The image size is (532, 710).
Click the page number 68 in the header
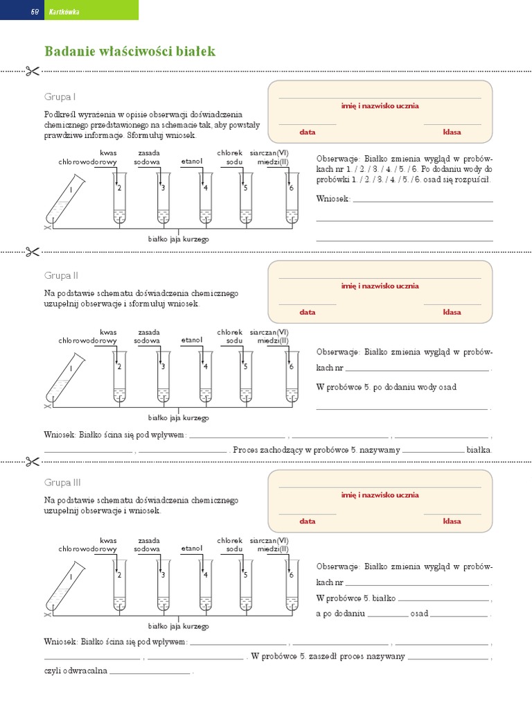point(35,12)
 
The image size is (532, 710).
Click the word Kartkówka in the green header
point(64,12)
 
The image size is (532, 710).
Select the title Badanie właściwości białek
point(130,51)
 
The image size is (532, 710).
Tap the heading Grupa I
point(60,96)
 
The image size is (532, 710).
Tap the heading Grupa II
point(61,275)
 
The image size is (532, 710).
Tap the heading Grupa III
point(62,483)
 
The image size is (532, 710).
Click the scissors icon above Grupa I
point(33,71)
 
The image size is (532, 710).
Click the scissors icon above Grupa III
point(33,462)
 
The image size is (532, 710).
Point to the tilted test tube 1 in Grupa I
point(66,199)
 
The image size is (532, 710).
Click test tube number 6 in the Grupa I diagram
point(292,198)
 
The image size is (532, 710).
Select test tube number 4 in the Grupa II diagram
point(206,376)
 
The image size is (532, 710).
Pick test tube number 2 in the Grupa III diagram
point(119,585)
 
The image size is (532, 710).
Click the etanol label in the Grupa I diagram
point(192,161)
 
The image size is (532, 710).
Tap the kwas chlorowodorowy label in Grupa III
point(88,545)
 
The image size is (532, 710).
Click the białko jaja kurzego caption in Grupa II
point(178,418)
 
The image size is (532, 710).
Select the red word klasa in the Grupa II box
point(452,312)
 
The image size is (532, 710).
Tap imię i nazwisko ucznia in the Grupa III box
point(380,495)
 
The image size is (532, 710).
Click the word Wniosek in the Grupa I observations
point(333,198)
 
